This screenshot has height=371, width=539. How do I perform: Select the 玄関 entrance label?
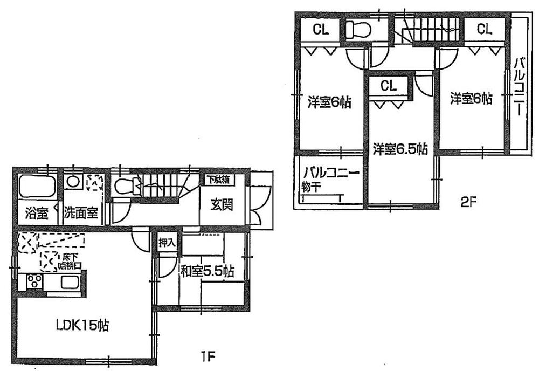(x=221, y=205)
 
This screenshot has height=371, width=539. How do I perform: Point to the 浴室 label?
(x=36, y=213)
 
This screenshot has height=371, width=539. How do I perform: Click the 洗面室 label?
(x=81, y=213)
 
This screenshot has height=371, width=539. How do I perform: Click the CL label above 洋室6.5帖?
(x=389, y=85)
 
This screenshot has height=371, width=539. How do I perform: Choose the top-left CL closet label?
(x=320, y=30)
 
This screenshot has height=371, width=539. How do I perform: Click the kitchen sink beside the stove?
(x=70, y=282)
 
